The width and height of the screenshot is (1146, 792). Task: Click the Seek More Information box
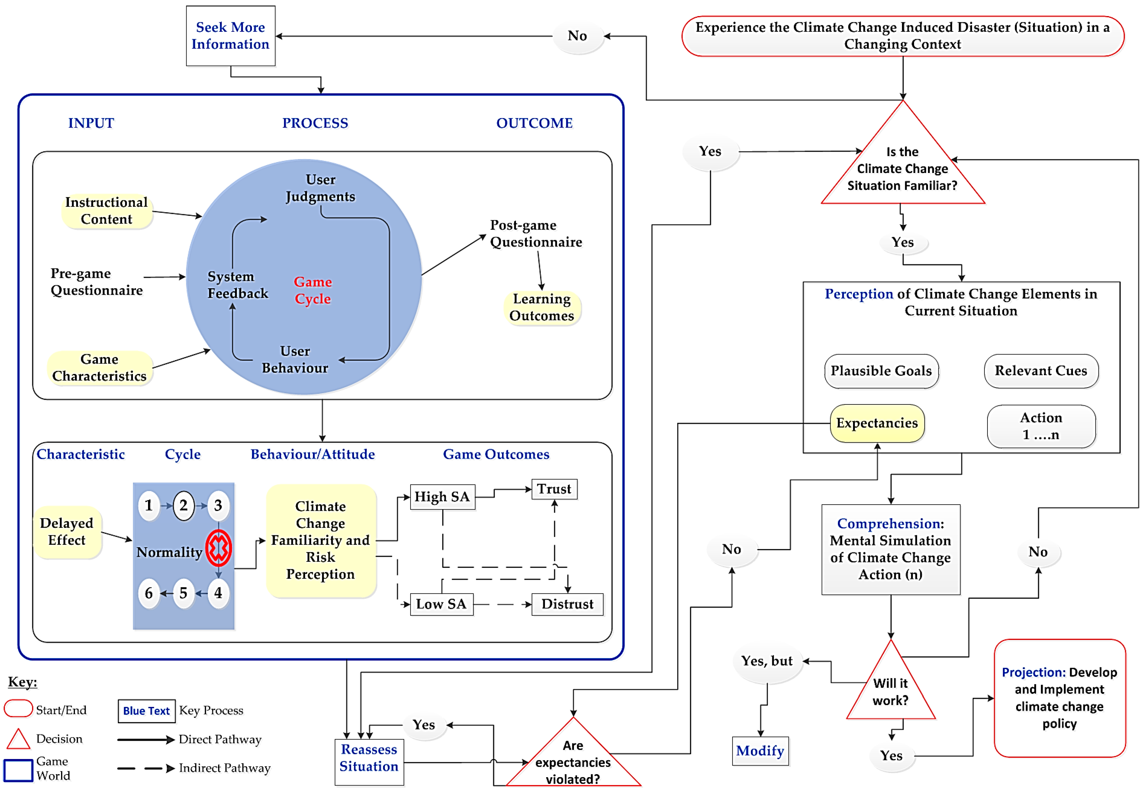point(231,36)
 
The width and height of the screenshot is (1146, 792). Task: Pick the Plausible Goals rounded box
point(881,371)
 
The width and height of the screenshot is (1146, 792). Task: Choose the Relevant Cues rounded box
point(1041,371)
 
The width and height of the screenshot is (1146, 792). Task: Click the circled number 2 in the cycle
point(183,506)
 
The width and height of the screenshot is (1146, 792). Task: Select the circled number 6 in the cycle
point(149,593)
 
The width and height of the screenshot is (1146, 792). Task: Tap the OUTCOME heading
point(534,123)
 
